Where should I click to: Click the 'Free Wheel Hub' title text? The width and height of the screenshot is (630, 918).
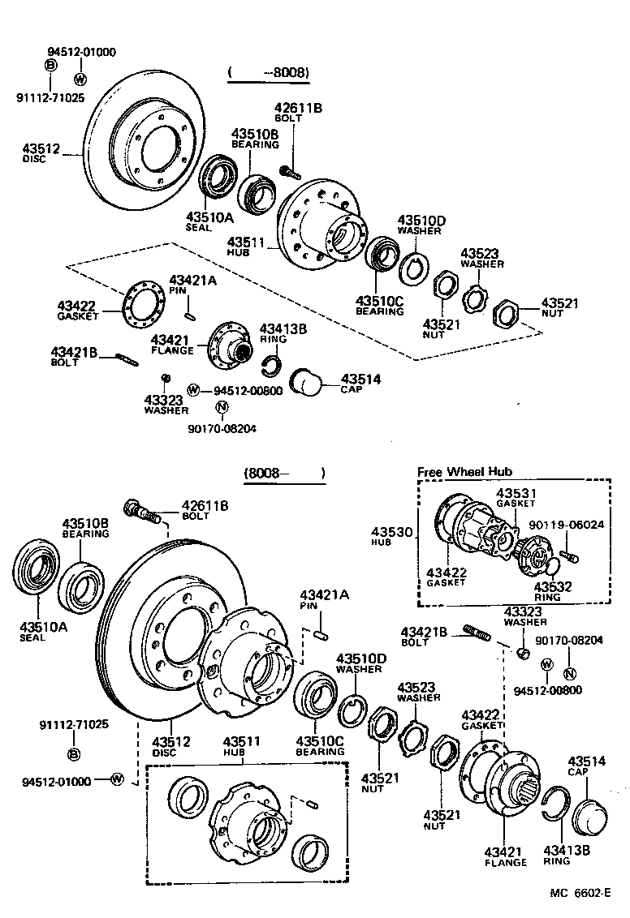464,472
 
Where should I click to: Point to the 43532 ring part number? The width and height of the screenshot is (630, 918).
553,586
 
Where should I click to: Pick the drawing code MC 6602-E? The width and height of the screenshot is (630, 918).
579,892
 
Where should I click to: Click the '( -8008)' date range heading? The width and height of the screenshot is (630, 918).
269,73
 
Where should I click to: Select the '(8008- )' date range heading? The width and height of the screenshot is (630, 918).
283,473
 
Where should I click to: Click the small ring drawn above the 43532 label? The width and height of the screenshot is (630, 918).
550,566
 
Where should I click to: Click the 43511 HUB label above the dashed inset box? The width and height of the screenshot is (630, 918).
244,741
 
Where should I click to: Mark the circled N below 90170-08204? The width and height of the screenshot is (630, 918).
569,672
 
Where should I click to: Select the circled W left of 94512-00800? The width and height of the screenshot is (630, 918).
193,390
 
